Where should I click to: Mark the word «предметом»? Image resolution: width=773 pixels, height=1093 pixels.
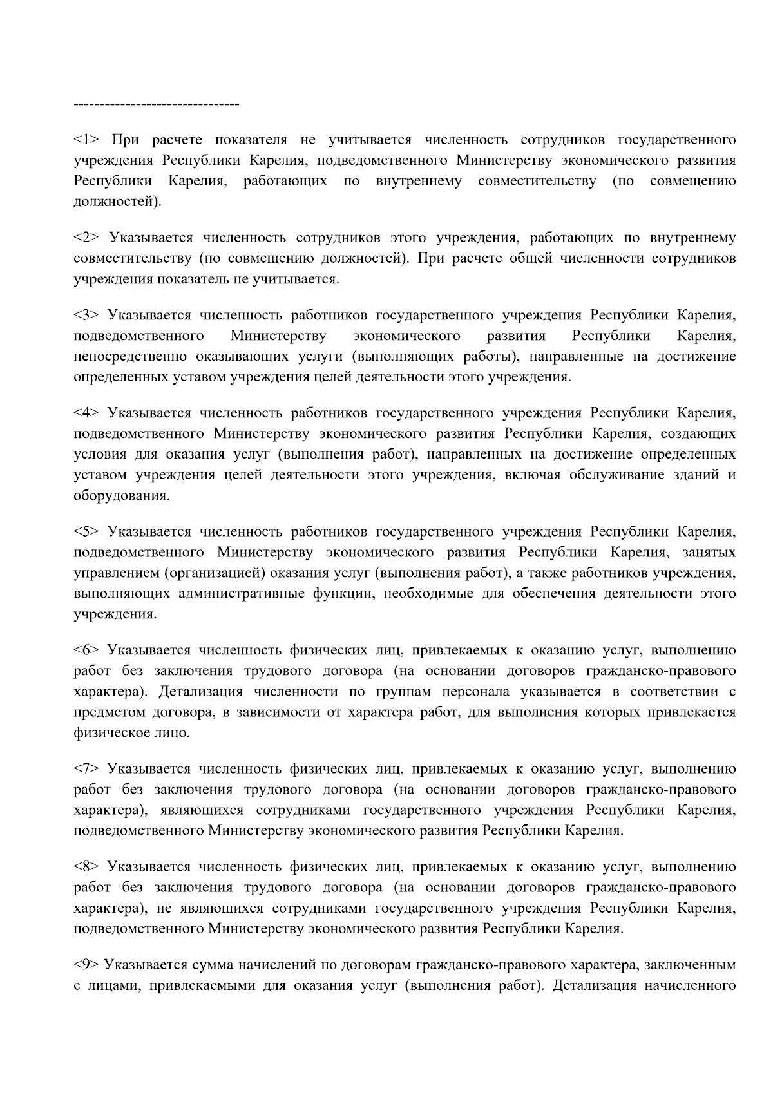(110, 712)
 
